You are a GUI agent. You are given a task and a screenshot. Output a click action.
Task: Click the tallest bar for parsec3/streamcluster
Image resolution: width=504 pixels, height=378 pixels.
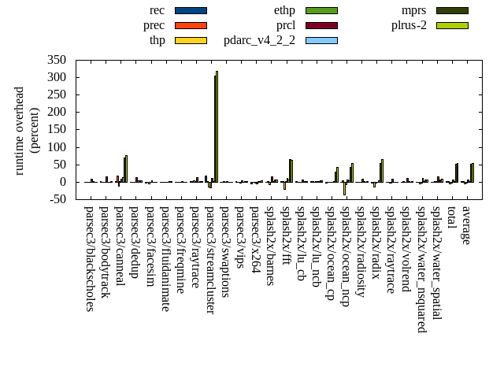click(217, 127)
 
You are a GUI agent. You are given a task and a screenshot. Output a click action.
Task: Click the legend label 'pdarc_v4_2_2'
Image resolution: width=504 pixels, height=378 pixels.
click(259, 40)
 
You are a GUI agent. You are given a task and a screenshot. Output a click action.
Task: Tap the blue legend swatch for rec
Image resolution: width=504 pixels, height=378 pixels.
click(191, 10)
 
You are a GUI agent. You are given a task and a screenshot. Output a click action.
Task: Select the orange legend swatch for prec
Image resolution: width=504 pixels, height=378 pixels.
click(191, 25)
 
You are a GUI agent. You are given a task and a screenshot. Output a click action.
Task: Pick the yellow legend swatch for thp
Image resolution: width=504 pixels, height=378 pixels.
click(191, 40)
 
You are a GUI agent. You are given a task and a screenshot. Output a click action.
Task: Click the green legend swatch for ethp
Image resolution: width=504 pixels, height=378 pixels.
click(321, 10)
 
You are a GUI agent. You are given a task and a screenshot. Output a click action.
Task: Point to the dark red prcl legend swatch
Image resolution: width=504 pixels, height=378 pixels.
click(321, 25)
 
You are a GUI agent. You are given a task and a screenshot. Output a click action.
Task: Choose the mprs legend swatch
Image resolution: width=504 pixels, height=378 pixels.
click(452, 10)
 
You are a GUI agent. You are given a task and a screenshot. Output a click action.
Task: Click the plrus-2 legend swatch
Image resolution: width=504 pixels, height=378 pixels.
click(452, 25)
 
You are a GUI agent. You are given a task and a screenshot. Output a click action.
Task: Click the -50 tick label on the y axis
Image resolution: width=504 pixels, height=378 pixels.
click(57, 199)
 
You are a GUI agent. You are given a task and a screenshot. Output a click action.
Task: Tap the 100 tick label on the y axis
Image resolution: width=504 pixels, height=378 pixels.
click(57, 147)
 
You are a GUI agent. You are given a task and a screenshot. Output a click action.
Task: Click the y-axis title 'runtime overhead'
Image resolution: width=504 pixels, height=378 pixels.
click(20, 130)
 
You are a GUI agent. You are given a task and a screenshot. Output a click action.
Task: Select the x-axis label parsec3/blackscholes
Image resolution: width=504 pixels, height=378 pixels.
click(89, 258)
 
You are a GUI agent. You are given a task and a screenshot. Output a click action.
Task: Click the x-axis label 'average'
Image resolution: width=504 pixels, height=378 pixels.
click(466, 225)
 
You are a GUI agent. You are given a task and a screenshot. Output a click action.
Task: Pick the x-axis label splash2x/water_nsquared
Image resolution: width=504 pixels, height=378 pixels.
click(421, 269)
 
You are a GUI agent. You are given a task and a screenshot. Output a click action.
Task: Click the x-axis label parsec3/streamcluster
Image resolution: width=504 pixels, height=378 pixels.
click(209, 260)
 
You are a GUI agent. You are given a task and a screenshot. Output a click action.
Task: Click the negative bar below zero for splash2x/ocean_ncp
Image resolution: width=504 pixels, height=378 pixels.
click(344, 189)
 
